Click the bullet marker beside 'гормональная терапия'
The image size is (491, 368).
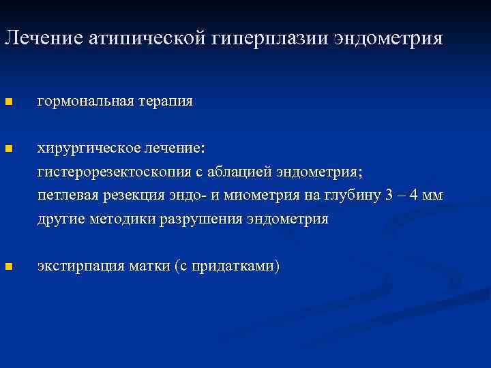coord(8,102)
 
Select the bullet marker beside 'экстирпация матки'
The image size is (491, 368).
coord(8,267)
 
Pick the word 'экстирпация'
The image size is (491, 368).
coord(78,266)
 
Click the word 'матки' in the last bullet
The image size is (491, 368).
coord(147,266)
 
